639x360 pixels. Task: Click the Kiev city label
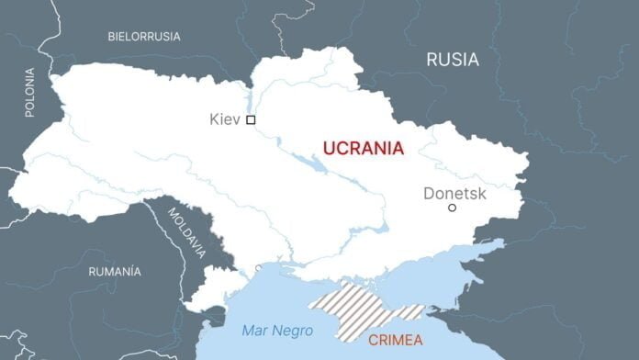coord(225,119)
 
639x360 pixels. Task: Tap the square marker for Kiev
coord(251,119)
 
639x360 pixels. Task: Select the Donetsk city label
coord(455,193)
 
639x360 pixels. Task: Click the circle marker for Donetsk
coord(452,208)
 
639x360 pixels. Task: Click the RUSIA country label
coord(453,60)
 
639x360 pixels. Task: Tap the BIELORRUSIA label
coord(144,37)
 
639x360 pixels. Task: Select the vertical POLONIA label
coord(29,92)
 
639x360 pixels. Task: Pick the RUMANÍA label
coord(115,272)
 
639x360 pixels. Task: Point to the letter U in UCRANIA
coord(328,146)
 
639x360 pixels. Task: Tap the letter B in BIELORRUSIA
coord(111,37)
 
